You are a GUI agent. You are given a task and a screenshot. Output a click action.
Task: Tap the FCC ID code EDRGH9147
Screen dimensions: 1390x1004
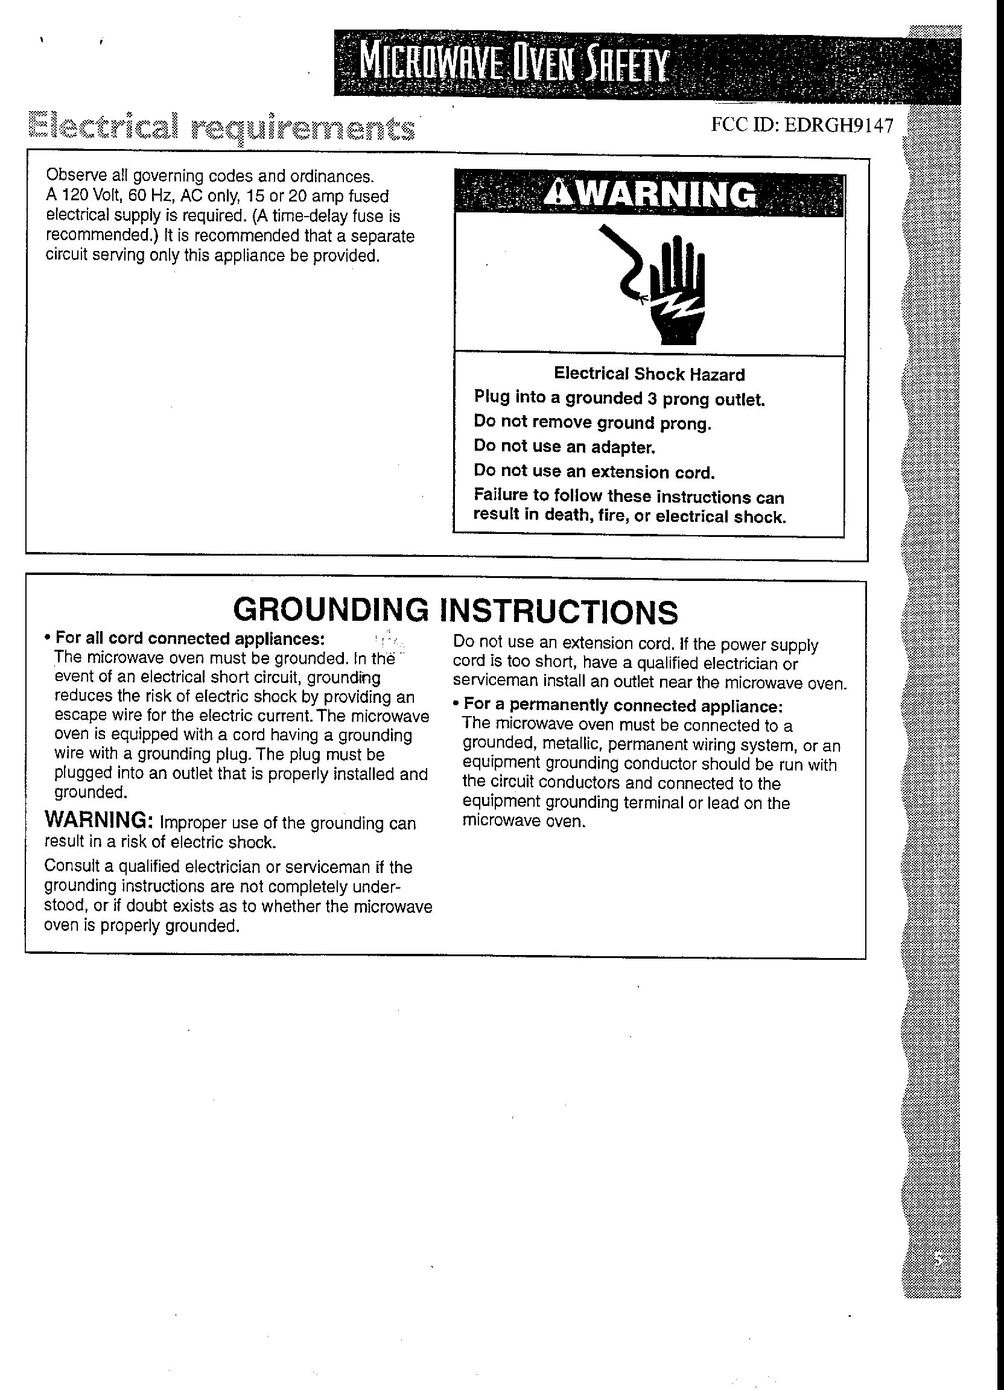pyautogui.click(x=802, y=125)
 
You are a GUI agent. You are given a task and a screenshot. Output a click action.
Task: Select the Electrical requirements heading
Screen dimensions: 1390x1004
pyautogui.click(x=224, y=128)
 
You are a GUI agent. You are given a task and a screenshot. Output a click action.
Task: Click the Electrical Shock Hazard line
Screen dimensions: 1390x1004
pyautogui.click(x=649, y=374)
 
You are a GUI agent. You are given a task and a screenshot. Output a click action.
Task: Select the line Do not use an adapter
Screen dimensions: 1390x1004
pyautogui.click(x=565, y=447)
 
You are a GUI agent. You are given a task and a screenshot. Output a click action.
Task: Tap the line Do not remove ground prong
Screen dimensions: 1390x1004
pyautogui.click(x=592, y=422)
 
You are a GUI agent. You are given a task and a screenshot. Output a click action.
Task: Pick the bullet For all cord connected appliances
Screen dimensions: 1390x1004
pyautogui.click(x=189, y=639)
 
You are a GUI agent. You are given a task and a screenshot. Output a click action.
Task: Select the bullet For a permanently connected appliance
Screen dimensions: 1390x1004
pyautogui.click(x=622, y=705)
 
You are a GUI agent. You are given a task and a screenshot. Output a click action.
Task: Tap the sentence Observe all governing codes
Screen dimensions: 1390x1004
pyautogui.click(x=209, y=177)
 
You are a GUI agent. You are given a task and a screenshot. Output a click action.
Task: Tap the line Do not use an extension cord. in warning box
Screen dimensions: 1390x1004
pyautogui.click(x=594, y=471)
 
